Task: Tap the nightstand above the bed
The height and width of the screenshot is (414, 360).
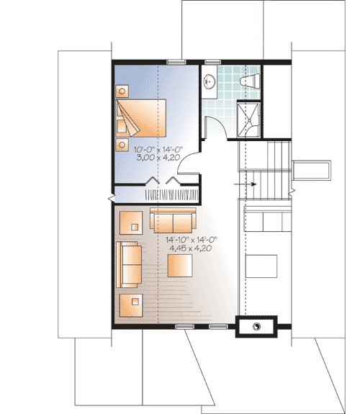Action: click(x=122, y=91)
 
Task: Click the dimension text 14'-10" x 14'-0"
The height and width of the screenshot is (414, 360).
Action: click(x=192, y=239)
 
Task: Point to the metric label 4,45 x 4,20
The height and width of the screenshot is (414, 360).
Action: click(x=192, y=248)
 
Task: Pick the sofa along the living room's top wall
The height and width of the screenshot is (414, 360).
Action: click(x=172, y=220)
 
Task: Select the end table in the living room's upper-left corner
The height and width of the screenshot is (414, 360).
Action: click(x=131, y=222)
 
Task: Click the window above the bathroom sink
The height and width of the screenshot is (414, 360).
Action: click(x=212, y=61)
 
